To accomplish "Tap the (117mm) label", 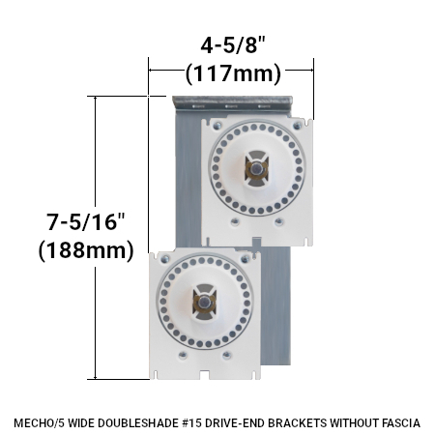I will pyautogui.click(x=232, y=72).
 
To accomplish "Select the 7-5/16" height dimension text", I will pyautogui.click(x=84, y=221).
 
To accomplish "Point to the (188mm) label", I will pyautogui.click(x=84, y=250).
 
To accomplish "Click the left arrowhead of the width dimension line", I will pyautogui.click(x=151, y=68).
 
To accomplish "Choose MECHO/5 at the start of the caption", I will pyautogui.click(x=39, y=421).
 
